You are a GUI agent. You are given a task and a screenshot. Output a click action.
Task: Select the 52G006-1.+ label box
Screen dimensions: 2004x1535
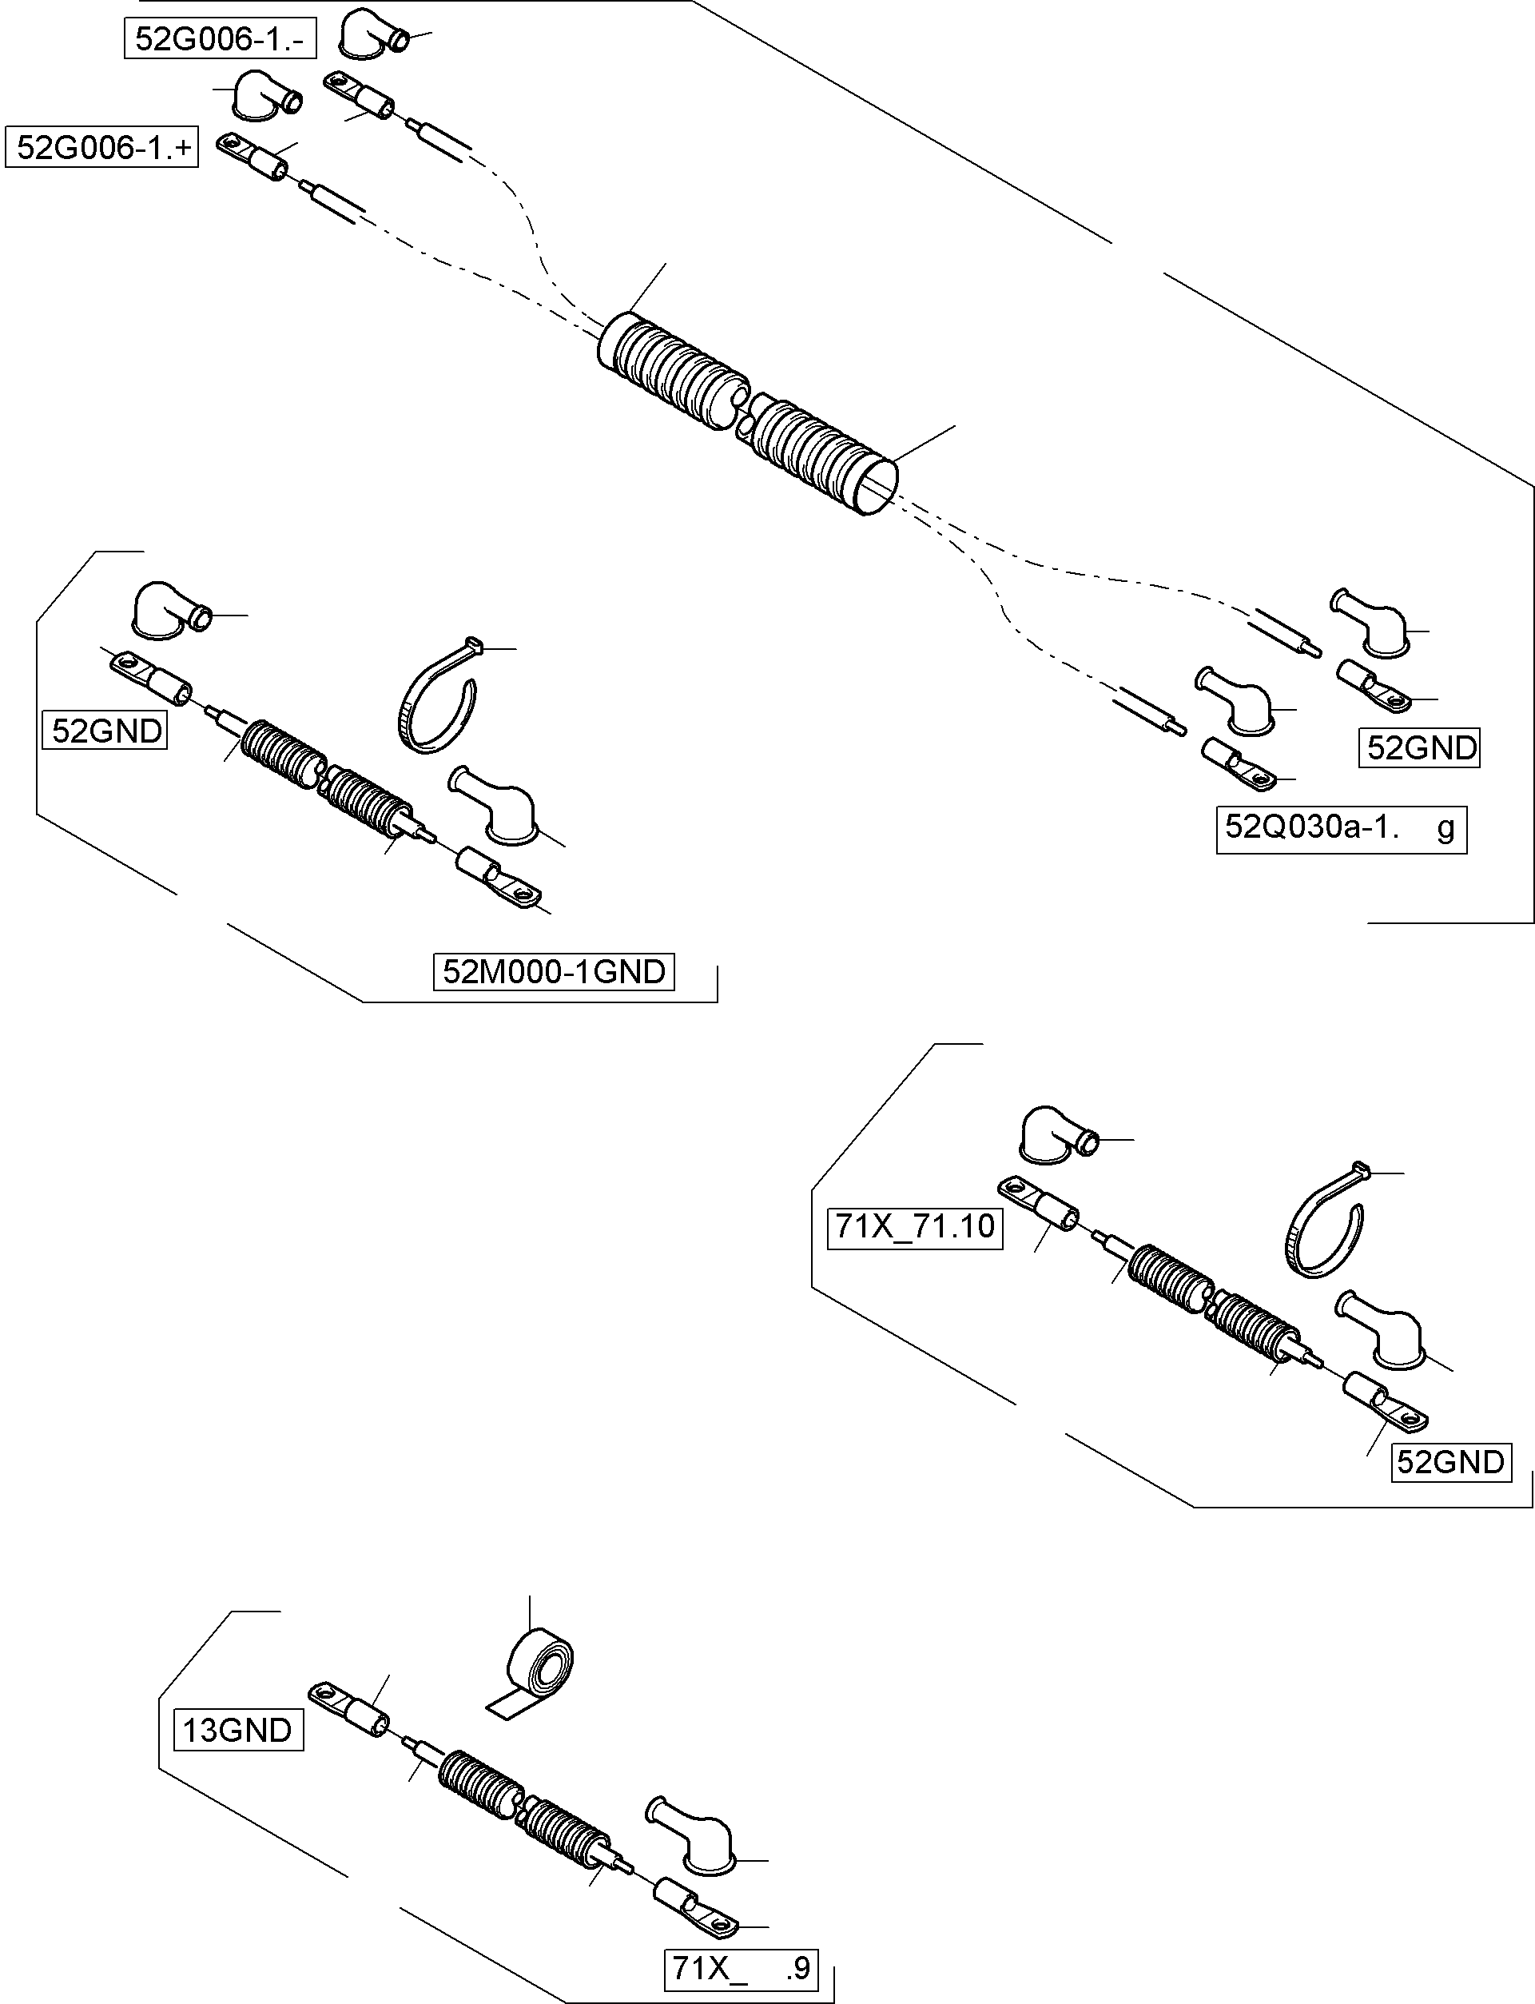pos(102,148)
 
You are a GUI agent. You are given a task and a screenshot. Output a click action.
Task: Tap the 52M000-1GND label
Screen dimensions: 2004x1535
pos(554,971)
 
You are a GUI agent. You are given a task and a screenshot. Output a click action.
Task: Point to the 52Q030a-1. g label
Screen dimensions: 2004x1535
pos(1340,829)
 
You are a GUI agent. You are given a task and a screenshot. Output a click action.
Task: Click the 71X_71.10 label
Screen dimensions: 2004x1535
pos(915,1226)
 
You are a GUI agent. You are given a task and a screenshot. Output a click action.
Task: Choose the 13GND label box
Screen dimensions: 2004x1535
pos(237,1730)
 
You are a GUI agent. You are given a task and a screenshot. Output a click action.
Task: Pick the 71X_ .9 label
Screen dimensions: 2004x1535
pos(740,1968)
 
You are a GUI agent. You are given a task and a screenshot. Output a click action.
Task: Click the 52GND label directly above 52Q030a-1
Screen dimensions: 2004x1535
pos(1419,748)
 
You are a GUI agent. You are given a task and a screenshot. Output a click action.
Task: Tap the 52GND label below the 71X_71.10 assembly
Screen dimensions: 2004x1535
pos(1450,1462)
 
